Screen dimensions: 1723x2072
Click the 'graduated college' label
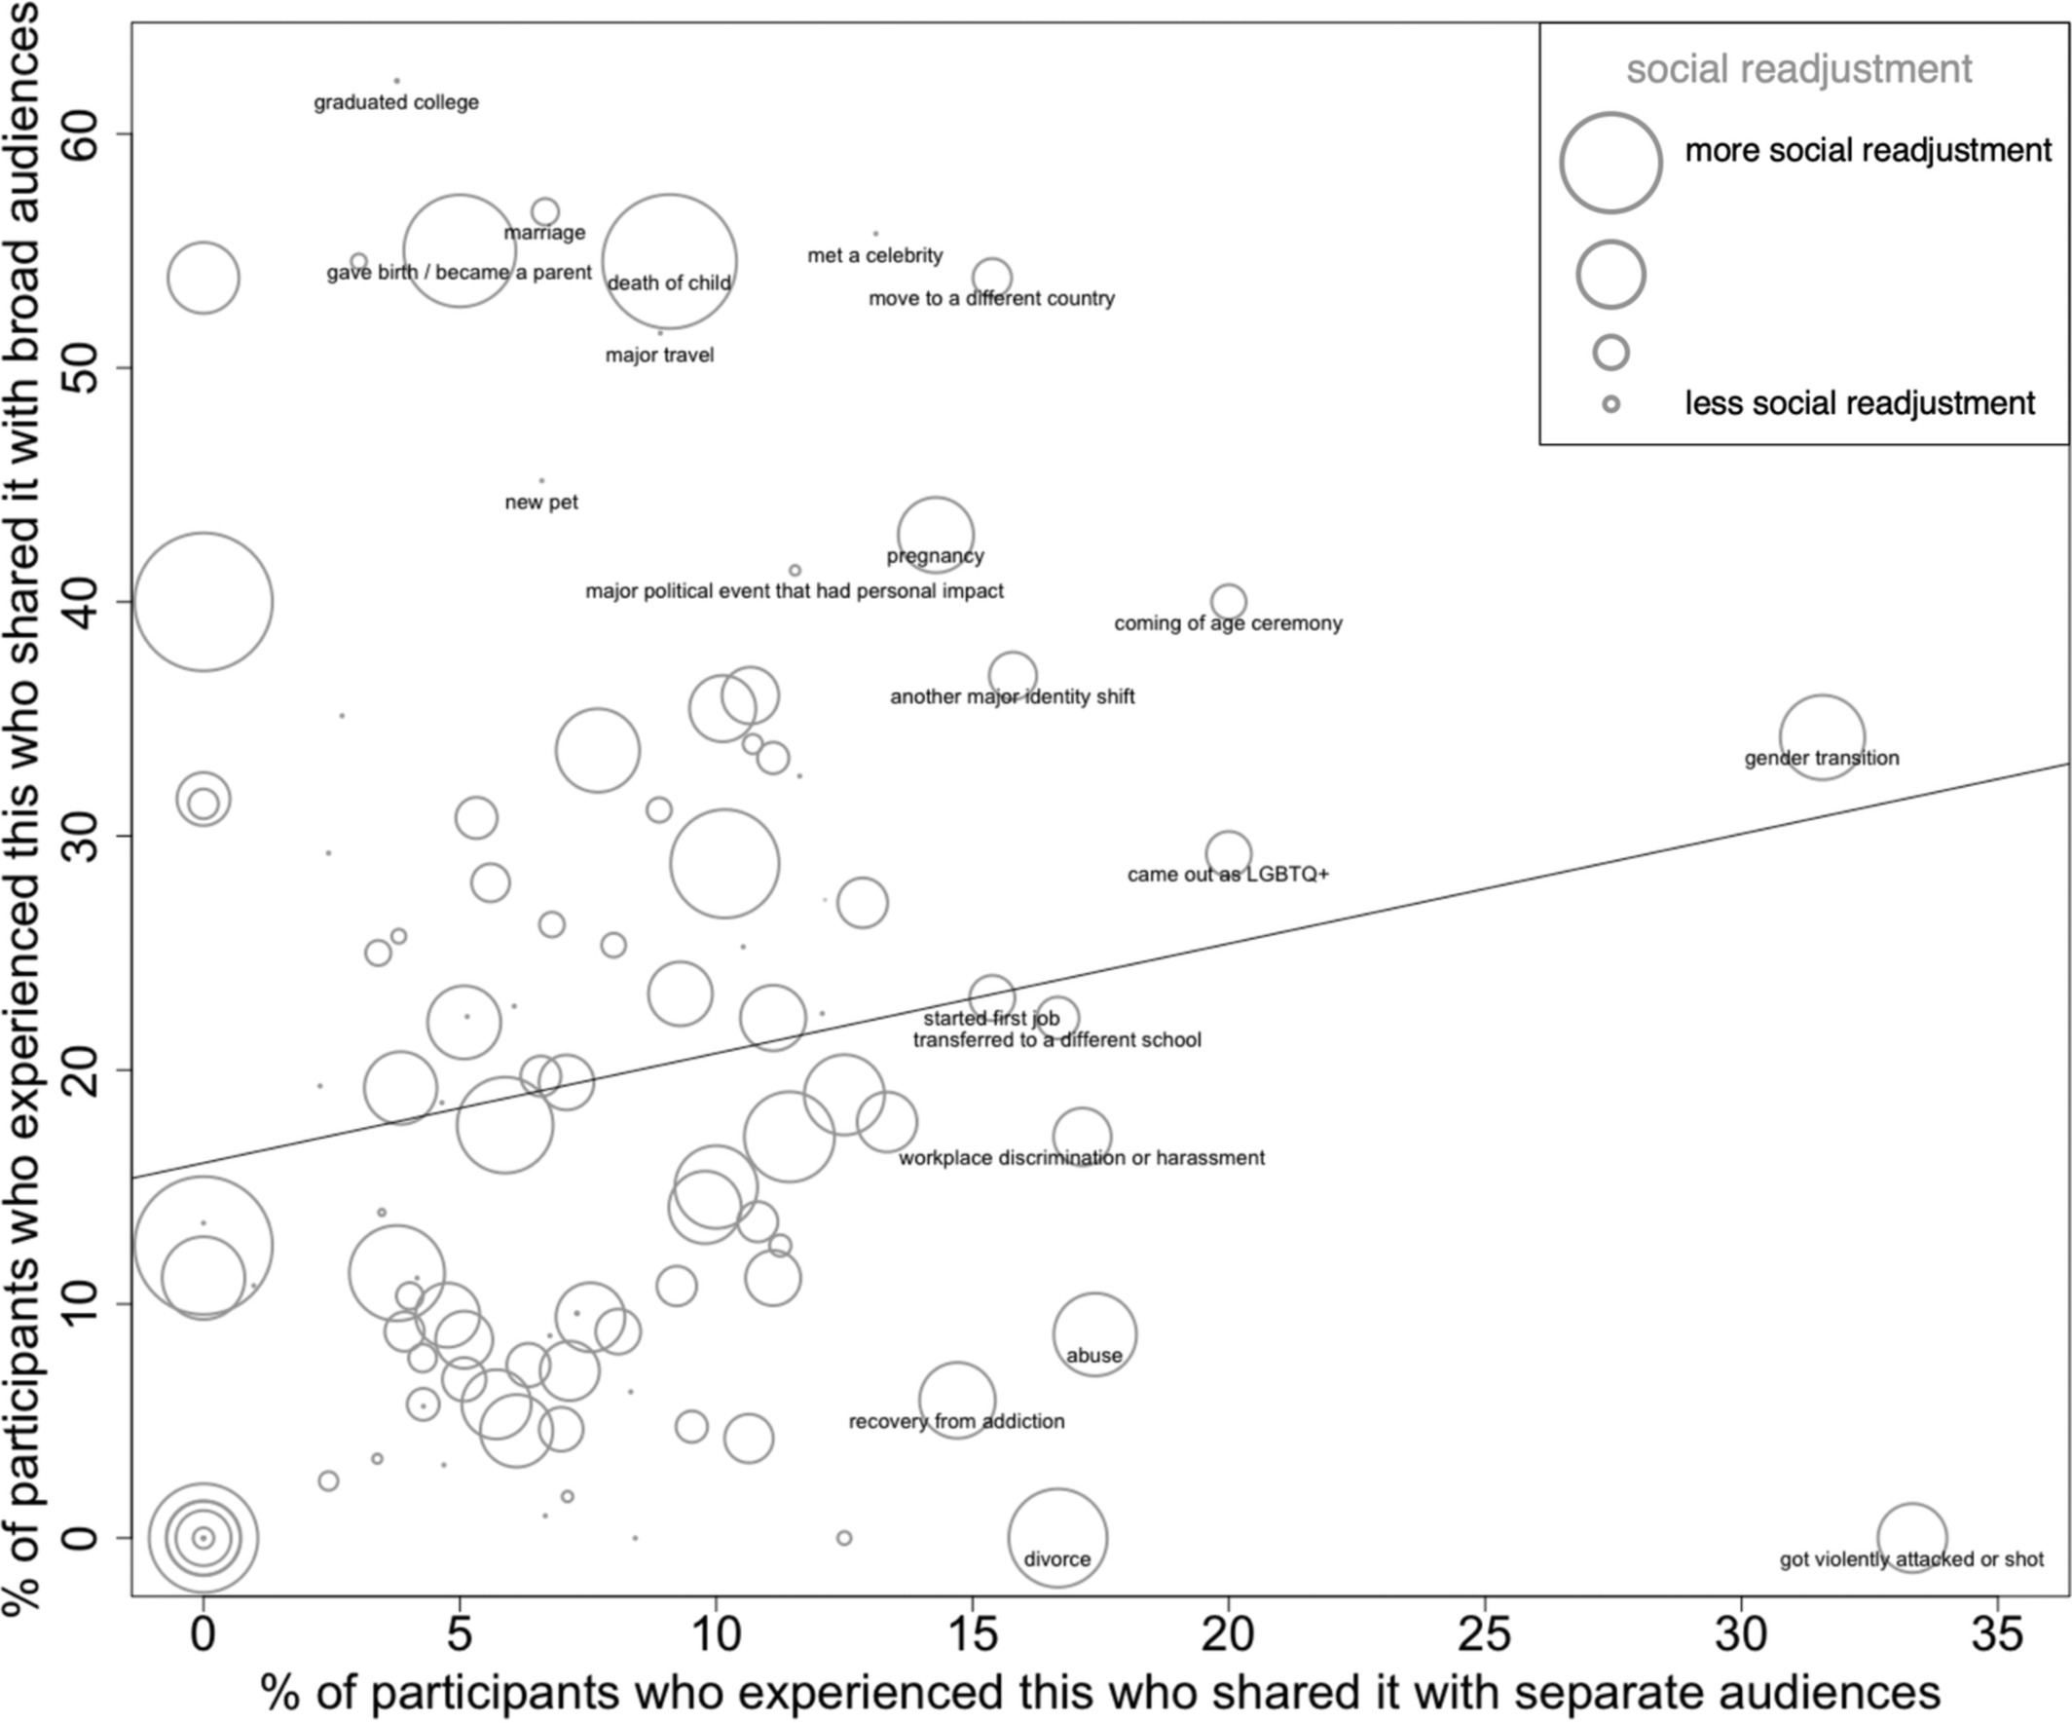(395, 102)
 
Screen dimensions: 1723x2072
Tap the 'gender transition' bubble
(1822, 736)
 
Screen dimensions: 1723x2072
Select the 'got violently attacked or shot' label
(1911, 1559)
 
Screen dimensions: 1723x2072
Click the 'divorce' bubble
(1056, 1537)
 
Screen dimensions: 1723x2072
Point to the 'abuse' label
(1093, 1356)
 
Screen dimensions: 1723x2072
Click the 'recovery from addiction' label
(956, 1421)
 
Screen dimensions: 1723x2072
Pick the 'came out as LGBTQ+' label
(1228, 875)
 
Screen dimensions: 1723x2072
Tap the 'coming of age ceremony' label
(1228, 623)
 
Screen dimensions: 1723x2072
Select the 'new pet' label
(540, 503)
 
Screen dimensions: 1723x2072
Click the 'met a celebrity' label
(875, 255)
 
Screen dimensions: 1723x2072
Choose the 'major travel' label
(659, 356)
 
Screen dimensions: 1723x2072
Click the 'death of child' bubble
(670, 260)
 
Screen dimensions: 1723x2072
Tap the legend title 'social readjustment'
(1798, 69)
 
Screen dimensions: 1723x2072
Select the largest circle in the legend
(1610, 163)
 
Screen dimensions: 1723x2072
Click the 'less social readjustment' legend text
(1859, 403)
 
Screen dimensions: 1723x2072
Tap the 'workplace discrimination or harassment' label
(1082, 1157)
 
